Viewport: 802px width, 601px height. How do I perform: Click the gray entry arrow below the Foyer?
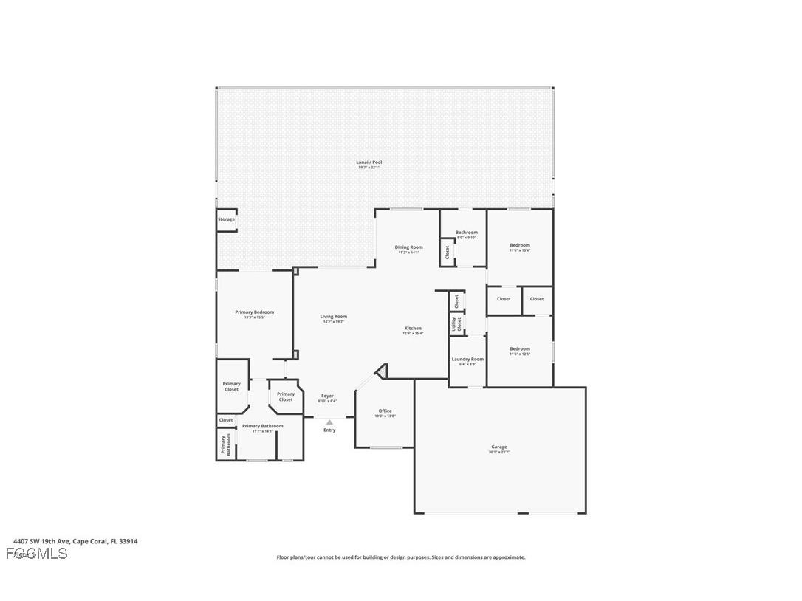[x=329, y=422]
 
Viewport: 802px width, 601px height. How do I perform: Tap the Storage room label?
[x=226, y=219]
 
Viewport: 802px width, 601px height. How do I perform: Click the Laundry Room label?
[x=467, y=360]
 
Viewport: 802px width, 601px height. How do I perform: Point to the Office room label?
[x=385, y=411]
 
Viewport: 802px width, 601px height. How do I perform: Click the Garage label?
[x=499, y=447]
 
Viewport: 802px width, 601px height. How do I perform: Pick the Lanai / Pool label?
[x=369, y=162]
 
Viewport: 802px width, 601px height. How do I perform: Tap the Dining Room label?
[x=408, y=247]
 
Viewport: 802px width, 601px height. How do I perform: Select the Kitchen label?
[x=413, y=328]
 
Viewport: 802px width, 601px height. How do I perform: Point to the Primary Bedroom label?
[x=254, y=312]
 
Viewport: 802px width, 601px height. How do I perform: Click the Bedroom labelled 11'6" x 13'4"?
[x=519, y=245]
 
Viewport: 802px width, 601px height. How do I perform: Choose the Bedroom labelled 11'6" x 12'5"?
[x=519, y=348]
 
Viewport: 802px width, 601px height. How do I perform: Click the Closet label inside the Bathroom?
[x=447, y=251]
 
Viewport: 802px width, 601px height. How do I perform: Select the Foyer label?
[x=327, y=396]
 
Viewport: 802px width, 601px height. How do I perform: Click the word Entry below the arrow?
[x=329, y=430]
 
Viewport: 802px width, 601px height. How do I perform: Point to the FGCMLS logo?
[x=37, y=553]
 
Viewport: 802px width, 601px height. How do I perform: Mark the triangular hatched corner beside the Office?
[x=382, y=371]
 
